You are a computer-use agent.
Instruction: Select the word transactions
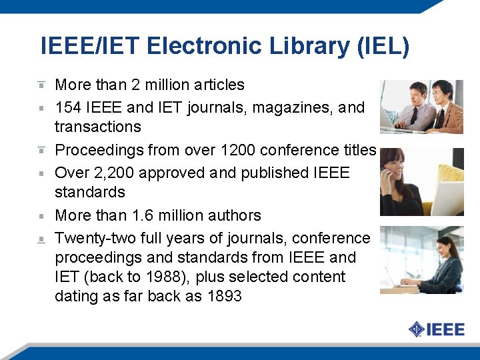tap(98, 127)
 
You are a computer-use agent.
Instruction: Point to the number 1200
tap(238, 150)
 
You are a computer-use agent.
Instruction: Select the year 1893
tap(224, 296)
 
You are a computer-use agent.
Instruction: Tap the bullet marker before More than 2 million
tap(41, 85)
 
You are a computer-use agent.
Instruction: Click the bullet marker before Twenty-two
tap(41, 238)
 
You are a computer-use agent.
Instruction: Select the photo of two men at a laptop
tap(421, 107)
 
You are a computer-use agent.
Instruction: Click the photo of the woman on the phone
tap(421, 182)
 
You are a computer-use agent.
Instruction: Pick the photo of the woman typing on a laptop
tap(421, 261)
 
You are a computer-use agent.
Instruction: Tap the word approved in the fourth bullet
tap(178, 173)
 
